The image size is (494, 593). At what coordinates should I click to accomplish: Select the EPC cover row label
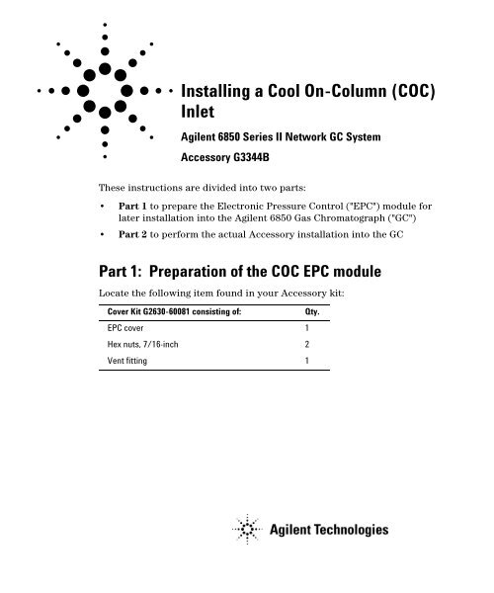point(128,327)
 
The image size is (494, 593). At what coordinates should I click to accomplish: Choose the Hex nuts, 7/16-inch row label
point(144,345)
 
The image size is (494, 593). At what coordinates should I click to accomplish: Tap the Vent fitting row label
point(129,362)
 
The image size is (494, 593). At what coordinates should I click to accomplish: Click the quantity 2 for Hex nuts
point(307,345)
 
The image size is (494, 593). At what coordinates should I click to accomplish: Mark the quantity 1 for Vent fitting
point(307,362)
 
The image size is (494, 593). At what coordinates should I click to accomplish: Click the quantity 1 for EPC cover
point(307,327)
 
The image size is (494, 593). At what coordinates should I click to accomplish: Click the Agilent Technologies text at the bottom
point(329,531)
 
